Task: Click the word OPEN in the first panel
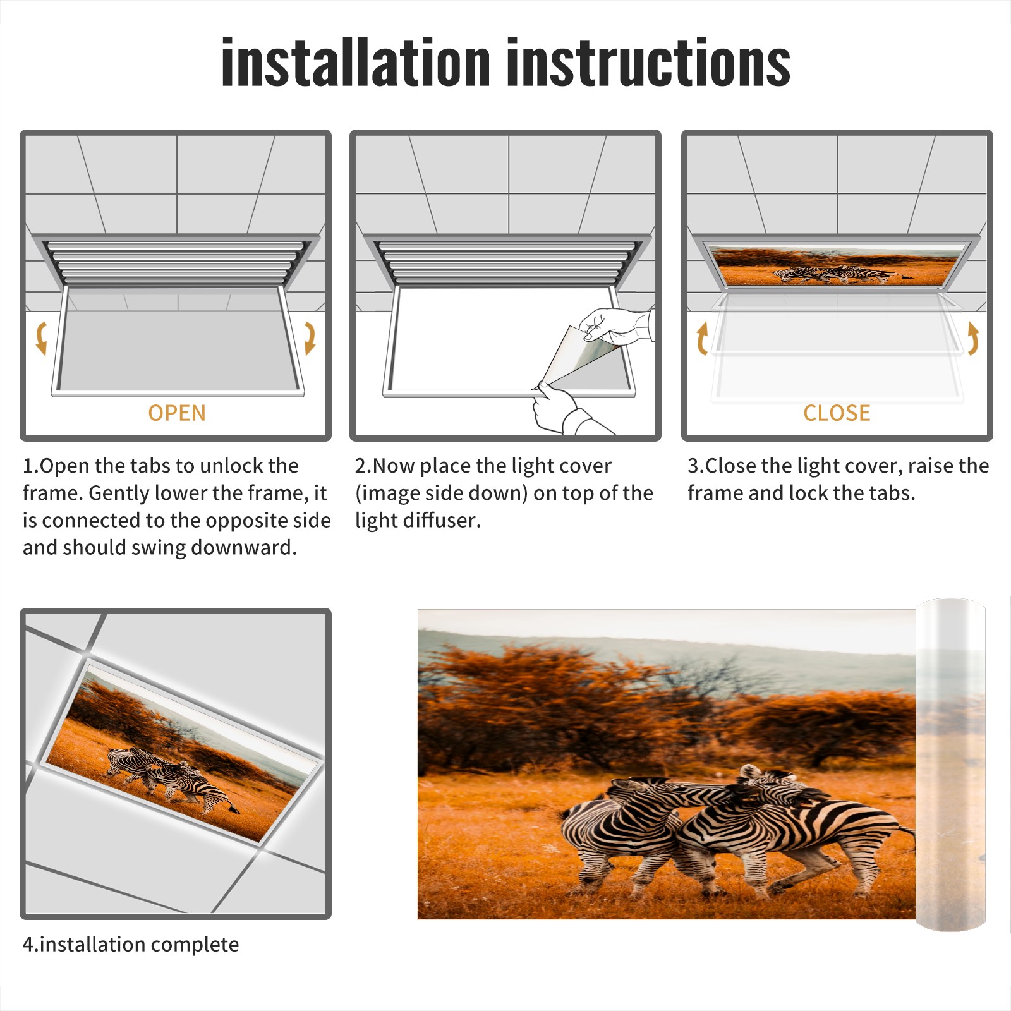click(177, 413)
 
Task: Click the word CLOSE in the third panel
click(837, 413)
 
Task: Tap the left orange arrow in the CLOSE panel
click(702, 338)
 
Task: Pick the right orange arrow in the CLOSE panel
click(973, 338)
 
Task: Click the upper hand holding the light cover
click(616, 325)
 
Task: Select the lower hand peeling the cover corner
click(562, 411)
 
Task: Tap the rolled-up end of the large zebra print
click(950, 765)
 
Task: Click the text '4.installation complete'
click(131, 944)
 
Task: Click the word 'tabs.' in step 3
click(892, 493)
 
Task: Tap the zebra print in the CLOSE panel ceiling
click(836, 266)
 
